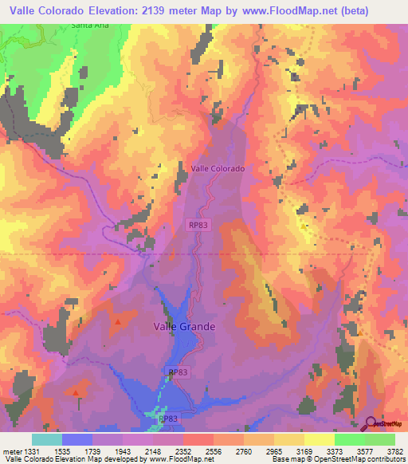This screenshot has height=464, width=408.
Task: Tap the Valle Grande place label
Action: coord(184,326)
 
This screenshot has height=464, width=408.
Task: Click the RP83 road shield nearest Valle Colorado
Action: coord(199,226)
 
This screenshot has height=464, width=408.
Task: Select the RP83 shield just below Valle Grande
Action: coord(178,372)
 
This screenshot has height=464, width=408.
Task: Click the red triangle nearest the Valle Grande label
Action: coord(119,322)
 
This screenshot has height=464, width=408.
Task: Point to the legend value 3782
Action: coord(394,452)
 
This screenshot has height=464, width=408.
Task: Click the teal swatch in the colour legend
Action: coord(47,439)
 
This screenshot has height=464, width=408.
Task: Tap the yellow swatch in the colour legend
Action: coord(320,439)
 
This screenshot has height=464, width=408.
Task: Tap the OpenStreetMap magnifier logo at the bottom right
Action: coord(371,424)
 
